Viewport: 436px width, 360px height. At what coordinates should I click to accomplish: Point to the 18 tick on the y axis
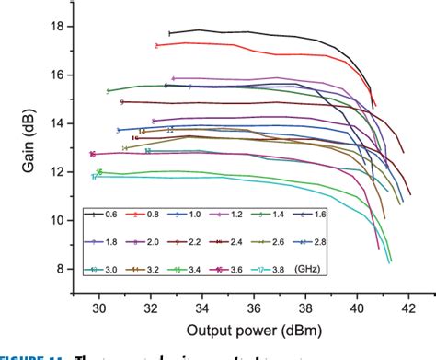(58, 26)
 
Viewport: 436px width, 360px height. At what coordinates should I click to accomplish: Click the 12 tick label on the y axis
(58, 171)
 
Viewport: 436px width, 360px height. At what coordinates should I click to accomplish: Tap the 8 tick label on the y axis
(62, 269)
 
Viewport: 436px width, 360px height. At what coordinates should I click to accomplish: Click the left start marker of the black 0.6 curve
(169, 33)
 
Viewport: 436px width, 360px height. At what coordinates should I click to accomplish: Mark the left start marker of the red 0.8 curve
(156, 45)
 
